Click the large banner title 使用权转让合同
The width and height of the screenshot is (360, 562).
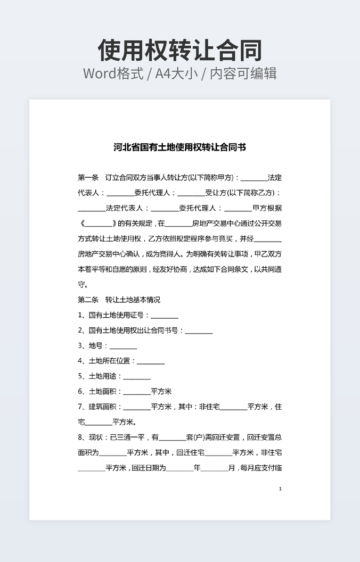(179, 51)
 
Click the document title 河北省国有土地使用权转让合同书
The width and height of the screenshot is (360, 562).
(179, 147)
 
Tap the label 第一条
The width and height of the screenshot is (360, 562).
(88, 177)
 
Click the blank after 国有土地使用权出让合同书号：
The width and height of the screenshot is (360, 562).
(199, 331)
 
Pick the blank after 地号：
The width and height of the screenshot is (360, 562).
(123, 346)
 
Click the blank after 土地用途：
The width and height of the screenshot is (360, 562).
(137, 377)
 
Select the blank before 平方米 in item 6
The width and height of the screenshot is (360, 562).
(137, 392)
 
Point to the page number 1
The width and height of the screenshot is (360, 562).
(280, 489)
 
